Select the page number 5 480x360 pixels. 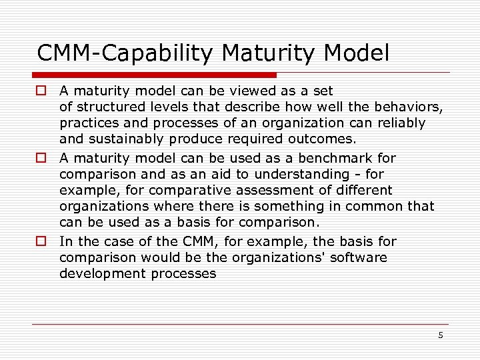440,335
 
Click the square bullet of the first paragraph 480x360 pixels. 41,90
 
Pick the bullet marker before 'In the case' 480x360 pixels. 41,241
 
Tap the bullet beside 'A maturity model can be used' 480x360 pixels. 41,158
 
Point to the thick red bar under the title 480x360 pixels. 155,75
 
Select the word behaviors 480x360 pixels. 407,107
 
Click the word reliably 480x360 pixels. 401,123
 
